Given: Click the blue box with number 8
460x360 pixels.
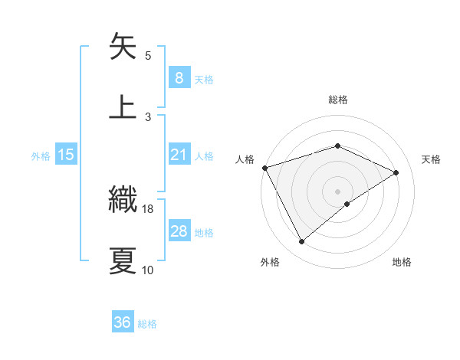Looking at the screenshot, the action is pyautogui.click(x=179, y=77).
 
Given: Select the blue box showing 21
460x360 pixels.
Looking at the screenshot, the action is pyautogui.click(x=179, y=155).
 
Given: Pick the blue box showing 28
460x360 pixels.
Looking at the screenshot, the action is pyautogui.click(x=179, y=231).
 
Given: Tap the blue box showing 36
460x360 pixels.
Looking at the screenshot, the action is pyautogui.click(x=123, y=322).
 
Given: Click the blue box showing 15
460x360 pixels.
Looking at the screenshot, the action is pyautogui.click(x=65, y=155).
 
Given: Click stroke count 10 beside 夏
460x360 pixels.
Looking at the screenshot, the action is pyautogui.click(x=148, y=270).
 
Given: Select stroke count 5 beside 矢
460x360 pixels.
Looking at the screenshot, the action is pyautogui.click(x=148, y=55).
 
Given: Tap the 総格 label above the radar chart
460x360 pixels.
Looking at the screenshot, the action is pyautogui.click(x=337, y=100).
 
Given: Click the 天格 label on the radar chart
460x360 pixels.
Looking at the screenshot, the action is pyautogui.click(x=431, y=159).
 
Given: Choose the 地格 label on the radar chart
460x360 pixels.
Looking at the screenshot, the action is pyautogui.click(x=402, y=262).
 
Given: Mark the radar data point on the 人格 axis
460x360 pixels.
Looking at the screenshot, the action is pyautogui.click(x=264, y=167).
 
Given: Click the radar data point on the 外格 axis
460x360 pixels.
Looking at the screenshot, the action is pyautogui.click(x=301, y=242).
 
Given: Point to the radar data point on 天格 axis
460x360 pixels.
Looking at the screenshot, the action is pyautogui.click(x=396, y=172).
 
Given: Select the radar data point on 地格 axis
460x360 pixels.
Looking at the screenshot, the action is pyautogui.click(x=347, y=204).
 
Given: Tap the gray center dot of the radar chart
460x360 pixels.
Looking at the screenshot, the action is pyautogui.click(x=337, y=191).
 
